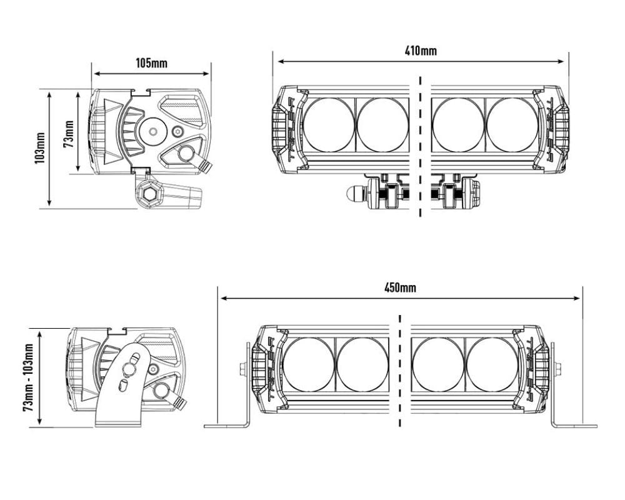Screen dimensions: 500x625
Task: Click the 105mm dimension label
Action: tap(151, 62)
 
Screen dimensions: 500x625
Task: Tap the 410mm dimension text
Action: tap(421, 51)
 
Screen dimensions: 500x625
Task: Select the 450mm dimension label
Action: tap(400, 287)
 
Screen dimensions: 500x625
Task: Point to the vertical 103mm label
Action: tap(40, 148)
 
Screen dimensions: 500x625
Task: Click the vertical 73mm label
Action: tap(69, 132)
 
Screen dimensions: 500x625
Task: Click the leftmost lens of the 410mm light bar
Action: tap(329, 124)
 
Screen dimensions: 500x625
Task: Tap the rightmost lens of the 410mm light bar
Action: tap(512, 124)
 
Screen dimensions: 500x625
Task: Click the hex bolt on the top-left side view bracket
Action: tap(150, 194)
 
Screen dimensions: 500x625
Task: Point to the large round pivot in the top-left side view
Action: tap(152, 131)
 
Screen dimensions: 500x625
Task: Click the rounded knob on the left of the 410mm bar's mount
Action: tap(354, 194)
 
